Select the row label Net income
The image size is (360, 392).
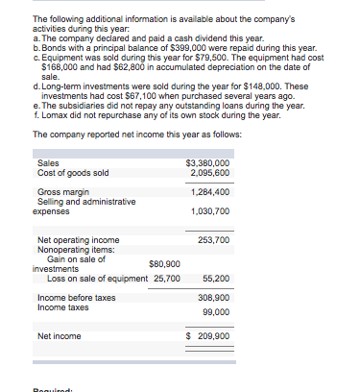(x=59, y=336)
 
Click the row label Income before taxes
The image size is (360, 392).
(x=76, y=299)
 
